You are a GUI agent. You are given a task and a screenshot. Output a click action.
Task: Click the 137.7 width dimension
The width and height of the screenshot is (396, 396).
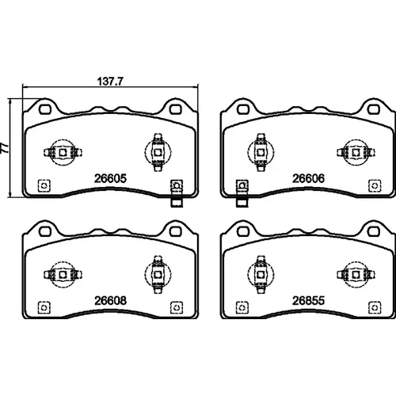pyautogui.click(x=110, y=82)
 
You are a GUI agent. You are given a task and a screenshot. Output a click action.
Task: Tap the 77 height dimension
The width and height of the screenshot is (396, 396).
pyautogui.click(x=5, y=148)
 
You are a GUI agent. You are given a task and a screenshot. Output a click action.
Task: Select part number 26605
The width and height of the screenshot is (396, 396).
pyautogui.click(x=110, y=178)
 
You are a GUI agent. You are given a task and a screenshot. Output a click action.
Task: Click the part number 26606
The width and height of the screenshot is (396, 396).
pyautogui.click(x=308, y=178)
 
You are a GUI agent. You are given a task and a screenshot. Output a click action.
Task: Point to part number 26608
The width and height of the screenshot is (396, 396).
pyautogui.click(x=110, y=300)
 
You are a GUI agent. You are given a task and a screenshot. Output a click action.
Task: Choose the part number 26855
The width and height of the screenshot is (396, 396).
pyautogui.click(x=308, y=300)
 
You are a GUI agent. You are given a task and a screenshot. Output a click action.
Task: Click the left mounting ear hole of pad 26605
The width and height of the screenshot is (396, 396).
pyautogui.click(x=45, y=109)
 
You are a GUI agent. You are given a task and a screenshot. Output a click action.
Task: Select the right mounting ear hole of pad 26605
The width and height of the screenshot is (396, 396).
pyautogui.click(x=175, y=109)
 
